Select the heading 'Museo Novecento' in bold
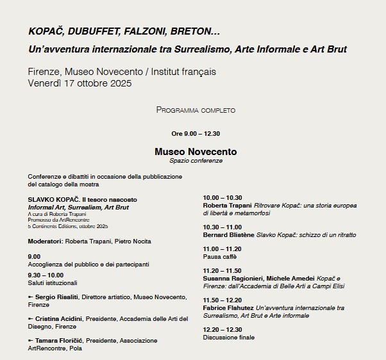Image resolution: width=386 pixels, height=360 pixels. (196, 152)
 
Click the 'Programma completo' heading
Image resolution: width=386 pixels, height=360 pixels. (196, 110)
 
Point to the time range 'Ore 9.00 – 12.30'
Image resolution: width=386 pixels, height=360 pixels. (196, 134)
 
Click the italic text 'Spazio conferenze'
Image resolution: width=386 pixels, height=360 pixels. (196, 161)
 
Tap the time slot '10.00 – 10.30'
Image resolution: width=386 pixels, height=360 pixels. (222, 197)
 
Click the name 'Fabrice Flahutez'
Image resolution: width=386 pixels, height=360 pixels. (228, 307)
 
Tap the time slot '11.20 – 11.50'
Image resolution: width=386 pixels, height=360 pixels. (222, 270)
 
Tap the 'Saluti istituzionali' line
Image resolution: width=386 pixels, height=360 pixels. (53, 282)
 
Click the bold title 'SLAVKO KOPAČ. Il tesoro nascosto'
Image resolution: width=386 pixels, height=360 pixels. (81, 200)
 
